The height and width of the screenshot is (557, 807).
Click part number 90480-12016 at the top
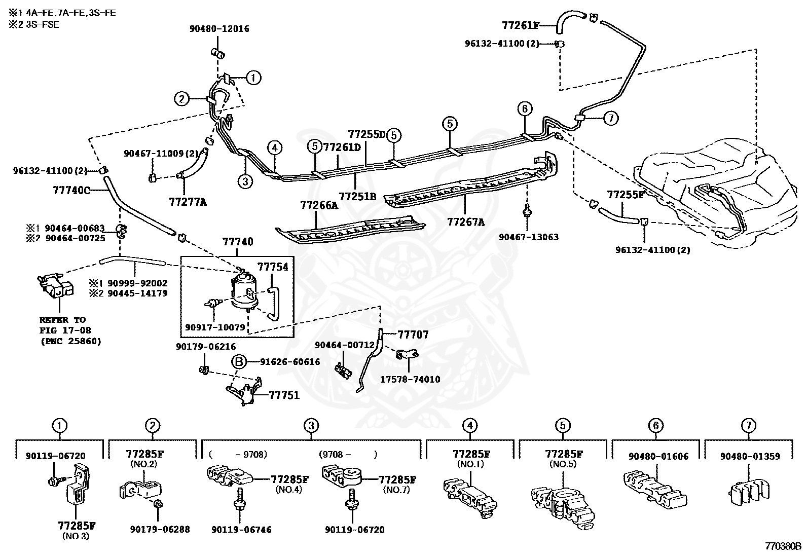click(219, 29)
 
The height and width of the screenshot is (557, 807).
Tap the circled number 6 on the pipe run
click(524, 108)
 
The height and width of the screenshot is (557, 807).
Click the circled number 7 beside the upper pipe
click(610, 119)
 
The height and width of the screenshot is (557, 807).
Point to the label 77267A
click(465, 221)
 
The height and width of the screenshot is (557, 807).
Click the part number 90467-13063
click(528, 237)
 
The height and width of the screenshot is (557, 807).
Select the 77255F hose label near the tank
click(625, 194)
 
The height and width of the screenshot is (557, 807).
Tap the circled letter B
click(239, 362)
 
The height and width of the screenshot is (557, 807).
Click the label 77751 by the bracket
click(284, 395)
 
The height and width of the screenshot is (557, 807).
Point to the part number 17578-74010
click(410, 379)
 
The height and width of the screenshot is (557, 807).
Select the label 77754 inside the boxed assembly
click(273, 267)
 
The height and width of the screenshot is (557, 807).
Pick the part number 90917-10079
click(215, 327)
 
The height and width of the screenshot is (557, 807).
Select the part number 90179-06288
click(160, 529)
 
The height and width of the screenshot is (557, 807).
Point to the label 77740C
click(71, 191)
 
